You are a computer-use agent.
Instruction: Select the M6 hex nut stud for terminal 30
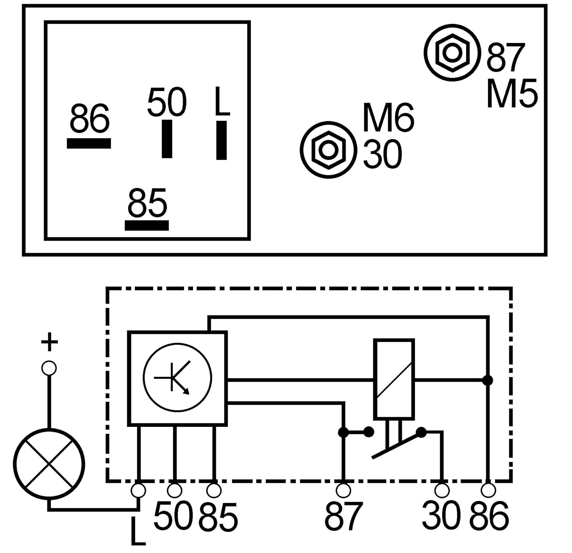point(328,150)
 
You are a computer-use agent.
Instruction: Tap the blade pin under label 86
point(89,143)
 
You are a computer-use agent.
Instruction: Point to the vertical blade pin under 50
point(167,139)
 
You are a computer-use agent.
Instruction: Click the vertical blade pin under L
point(222,140)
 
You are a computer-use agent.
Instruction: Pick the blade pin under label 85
point(147,225)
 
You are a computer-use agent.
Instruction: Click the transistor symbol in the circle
point(177,377)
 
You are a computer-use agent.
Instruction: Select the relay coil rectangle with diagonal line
point(394,379)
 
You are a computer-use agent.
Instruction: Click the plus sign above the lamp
point(49,342)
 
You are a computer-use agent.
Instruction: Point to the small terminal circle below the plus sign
point(49,368)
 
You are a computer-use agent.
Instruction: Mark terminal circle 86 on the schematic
point(488,490)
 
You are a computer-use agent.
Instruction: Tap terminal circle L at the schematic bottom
point(138,491)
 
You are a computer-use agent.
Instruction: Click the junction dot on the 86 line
point(488,380)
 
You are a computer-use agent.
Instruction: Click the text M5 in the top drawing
point(512,93)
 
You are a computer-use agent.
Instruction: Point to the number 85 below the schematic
point(218,517)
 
